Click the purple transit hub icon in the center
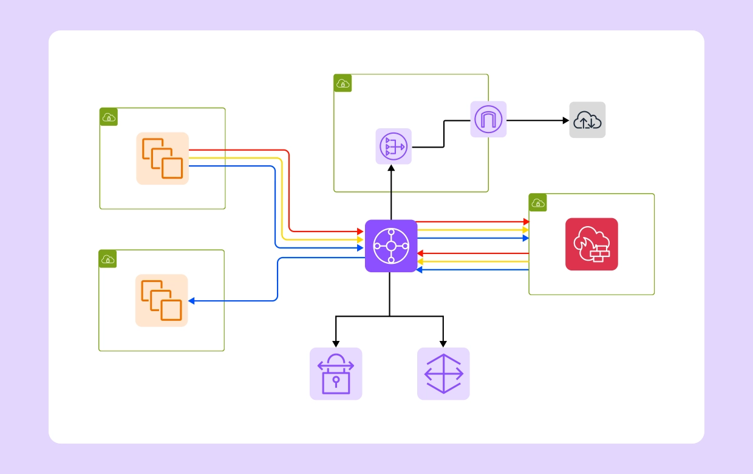coord(391,246)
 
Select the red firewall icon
coord(591,244)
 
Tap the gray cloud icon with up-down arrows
coord(587,120)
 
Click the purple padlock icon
coord(336,374)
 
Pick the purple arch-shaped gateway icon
coord(488,119)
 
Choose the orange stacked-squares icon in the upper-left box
coord(162,158)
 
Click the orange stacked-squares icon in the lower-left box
coord(162,300)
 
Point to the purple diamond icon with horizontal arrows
coord(443,374)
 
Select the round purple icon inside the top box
coord(394,146)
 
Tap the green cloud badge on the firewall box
coord(538,203)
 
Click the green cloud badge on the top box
coord(342,83)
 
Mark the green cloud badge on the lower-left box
coord(108,259)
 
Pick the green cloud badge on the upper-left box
coord(109,117)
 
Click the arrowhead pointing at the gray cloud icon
coord(565,120)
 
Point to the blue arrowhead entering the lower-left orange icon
coord(192,301)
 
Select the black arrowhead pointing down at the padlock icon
coord(336,343)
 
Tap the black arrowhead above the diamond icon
coord(443,343)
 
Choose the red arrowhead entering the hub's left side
coord(360,232)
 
